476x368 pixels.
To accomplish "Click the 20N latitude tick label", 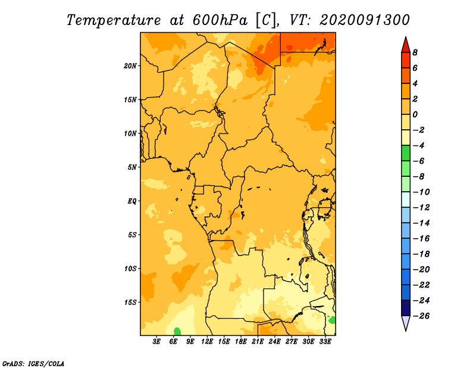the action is pyautogui.click(x=130, y=66).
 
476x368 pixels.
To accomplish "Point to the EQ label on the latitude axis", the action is pyautogui.click(x=132, y=201).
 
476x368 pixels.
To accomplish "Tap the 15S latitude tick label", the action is pyautogui.click(x=130, y=302).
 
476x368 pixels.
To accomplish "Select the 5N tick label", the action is pyautogui.click(x=132, y=167).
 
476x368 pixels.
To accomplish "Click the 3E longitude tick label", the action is pyautogui.click(x=156, y=342).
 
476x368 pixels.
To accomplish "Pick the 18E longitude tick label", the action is pyautogui.click(x=241, y=342).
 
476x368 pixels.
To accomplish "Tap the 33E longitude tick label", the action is pyautogui.click(x=325, y=342).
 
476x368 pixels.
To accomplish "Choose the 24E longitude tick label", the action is pyautogui.click(x=274, y=342).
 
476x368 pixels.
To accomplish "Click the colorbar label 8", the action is pyautogui.click(x=415, y=52).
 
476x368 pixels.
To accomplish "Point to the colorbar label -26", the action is pyautogui.click(x=421, y=316).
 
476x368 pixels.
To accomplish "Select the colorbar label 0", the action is pyautogui.click(x=415, y=114).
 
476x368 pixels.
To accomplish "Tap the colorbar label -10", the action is pyautogui.click(x=421, y=192).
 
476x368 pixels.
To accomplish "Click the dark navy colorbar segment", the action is pyautogui.click(x=406, y=308).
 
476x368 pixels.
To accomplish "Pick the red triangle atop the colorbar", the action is pyautogui.click(x=406, y=45).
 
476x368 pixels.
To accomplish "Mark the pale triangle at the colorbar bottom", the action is pyautogui.click(x=406, y=323).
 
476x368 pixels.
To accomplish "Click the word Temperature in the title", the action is pyautogui.click(x=114, y=20).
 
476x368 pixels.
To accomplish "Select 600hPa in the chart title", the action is pyautogui.click(x=220, y=20).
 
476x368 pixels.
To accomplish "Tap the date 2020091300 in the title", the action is pyautogui.click(x=365, y=20).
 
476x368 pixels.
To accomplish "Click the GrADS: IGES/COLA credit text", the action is pyautogui.click(x=33, y=363).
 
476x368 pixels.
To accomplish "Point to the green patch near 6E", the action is pyautogui.click(x=177, y=332).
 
